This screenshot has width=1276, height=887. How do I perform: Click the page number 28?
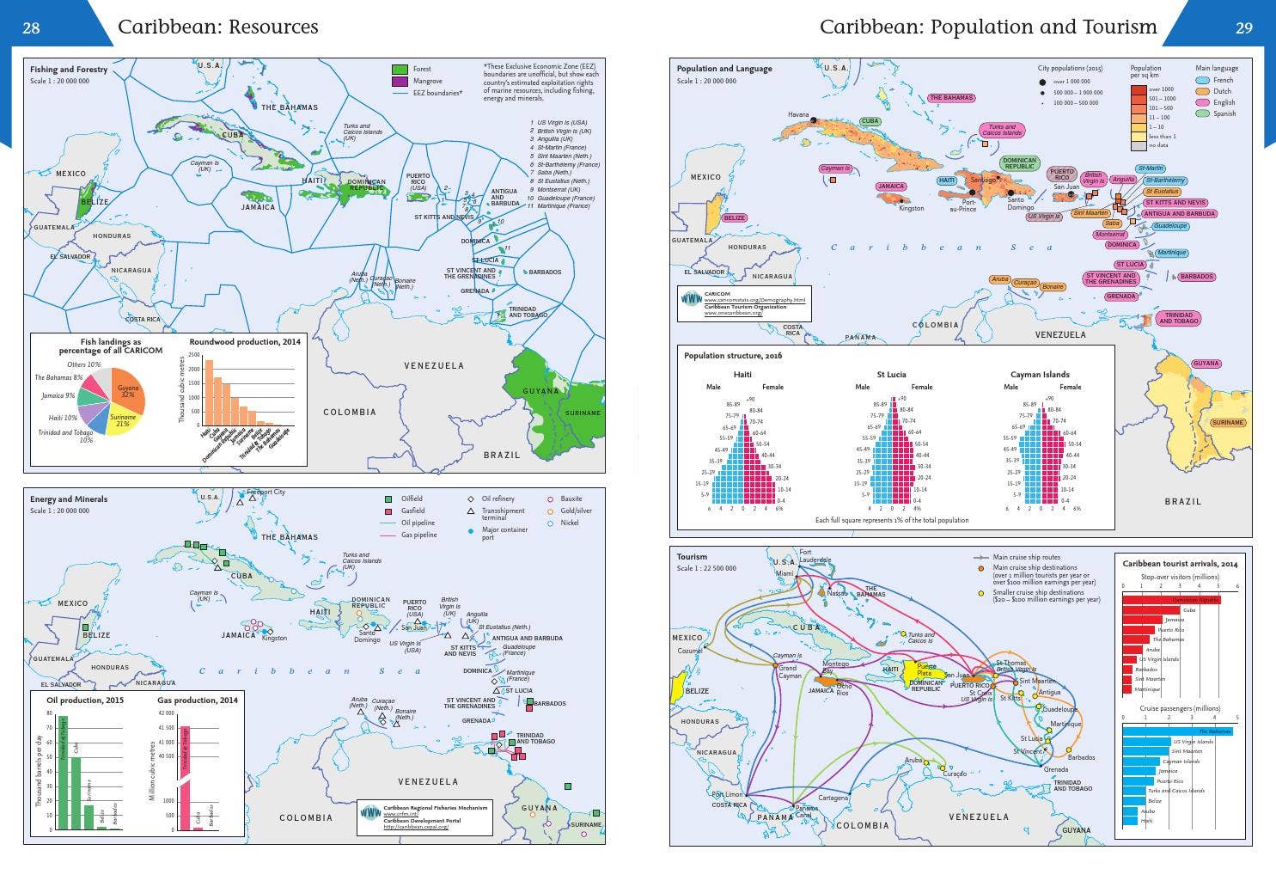point(31,28)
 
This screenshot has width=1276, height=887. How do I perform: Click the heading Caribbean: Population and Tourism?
point(988,27)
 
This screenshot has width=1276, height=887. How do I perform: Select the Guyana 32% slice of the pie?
point(129,391)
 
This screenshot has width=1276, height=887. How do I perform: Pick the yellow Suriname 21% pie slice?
point(121,421)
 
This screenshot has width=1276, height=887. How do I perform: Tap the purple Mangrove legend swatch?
point(400,81)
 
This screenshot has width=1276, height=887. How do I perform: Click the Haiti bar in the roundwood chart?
point(207,392)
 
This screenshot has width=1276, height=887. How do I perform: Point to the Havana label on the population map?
point(798,114)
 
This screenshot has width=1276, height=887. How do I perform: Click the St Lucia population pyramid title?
point(891,374)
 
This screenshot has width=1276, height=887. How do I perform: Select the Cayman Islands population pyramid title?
point(1040,374)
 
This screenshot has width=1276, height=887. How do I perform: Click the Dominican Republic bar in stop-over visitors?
point(1171,599)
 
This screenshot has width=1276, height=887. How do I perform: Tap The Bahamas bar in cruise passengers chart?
point(1177,731)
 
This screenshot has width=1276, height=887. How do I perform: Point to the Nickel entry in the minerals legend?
point(570,523)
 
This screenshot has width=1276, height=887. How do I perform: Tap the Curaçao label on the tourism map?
point(954,774)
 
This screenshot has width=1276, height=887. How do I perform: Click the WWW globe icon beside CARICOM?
point(691,298)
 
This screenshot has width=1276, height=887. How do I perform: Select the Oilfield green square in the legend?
point(388,499)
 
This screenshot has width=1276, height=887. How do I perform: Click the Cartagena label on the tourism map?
point(833,798)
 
